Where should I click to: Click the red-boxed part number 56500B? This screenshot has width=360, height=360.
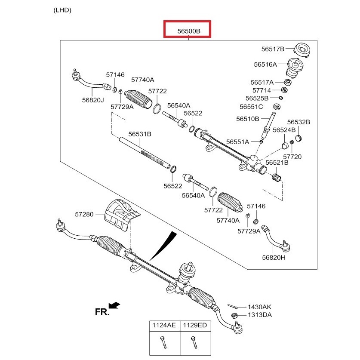click(188, 31)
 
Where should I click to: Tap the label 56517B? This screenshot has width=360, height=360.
click(272, 49)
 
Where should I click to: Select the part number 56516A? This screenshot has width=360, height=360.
click(265, 65)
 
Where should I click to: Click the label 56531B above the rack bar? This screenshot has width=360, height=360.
click(140, 134)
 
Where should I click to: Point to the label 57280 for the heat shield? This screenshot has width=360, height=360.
click(84, 213)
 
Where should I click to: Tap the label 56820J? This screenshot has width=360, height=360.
click(93, 100)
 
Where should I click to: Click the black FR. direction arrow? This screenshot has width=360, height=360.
click(114, 305)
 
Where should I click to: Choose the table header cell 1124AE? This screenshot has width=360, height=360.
click(163, 326)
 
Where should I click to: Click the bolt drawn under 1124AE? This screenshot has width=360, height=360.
click(163, 344)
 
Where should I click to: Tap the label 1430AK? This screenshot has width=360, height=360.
click(259, 307)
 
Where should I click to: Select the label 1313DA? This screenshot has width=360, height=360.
click(259, 315)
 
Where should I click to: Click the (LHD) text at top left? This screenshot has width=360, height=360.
click(62, 9)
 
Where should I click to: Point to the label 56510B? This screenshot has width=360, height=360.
click(247, 119)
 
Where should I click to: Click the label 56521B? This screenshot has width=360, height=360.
click(277, 163)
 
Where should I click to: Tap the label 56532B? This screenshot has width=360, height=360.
click(299, 122)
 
